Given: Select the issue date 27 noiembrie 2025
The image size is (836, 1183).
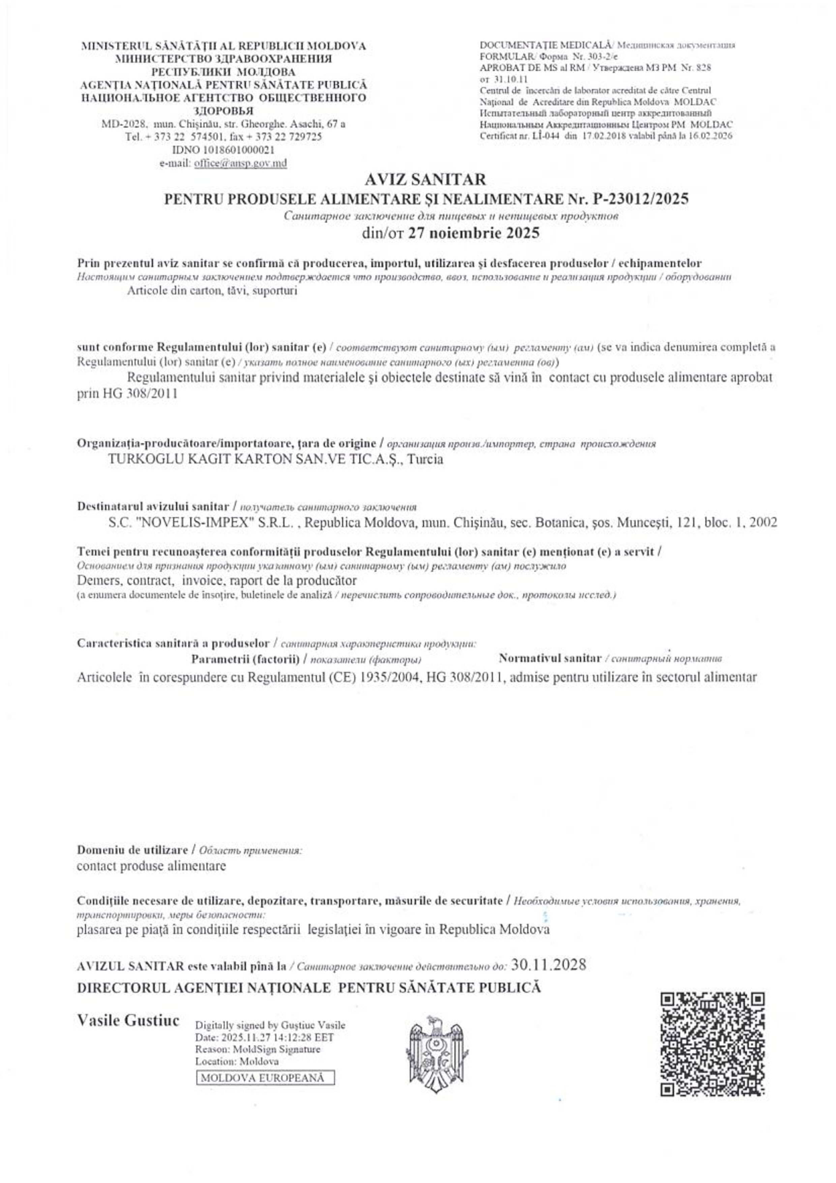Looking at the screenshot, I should (473, 233).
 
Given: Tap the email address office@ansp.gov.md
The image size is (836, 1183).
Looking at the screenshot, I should (240, 163).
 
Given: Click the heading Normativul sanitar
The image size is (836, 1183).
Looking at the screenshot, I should (550, 658).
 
